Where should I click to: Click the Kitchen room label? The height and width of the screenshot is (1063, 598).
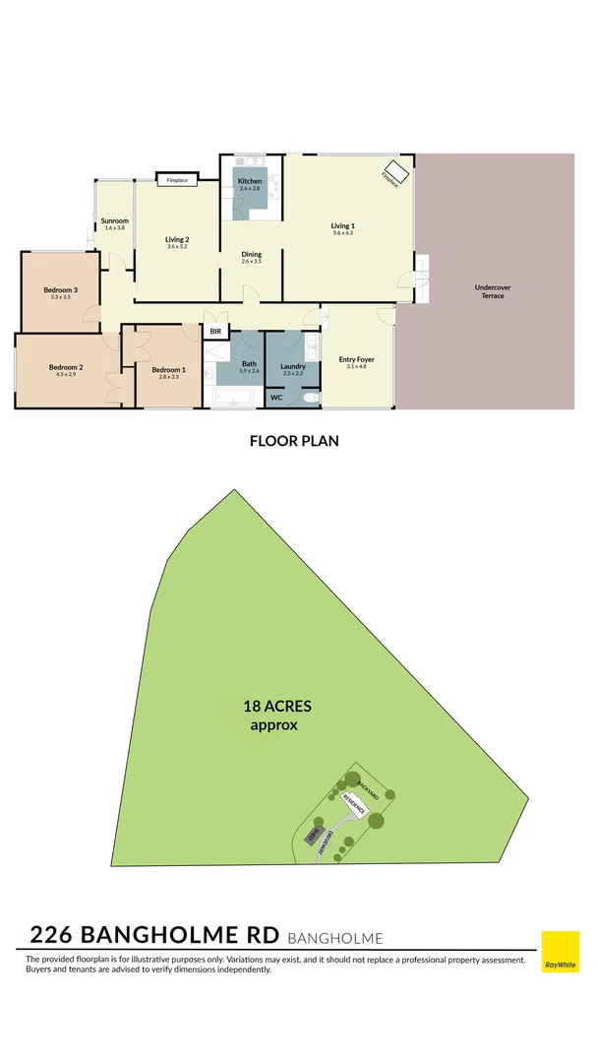point(250,182)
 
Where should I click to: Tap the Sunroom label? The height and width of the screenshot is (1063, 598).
point(115,220)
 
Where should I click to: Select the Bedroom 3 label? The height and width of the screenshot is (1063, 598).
point(60,290)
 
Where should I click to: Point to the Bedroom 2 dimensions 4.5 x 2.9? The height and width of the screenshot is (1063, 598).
point(66,376)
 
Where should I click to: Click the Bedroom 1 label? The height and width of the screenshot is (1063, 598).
point(168,368)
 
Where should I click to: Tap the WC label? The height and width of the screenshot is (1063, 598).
point(277,398)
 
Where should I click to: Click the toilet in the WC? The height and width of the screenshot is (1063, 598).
point(310,399)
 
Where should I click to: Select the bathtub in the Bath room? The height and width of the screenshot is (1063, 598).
point(233,399)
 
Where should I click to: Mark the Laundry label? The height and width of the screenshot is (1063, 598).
point(293,366)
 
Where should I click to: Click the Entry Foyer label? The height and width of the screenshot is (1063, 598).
point(356,359)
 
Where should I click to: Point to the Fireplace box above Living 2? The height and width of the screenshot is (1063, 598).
point(177,180)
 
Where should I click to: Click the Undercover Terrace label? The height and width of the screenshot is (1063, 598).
point(493,291)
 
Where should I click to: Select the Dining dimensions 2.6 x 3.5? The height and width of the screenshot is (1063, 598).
point(252,262)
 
